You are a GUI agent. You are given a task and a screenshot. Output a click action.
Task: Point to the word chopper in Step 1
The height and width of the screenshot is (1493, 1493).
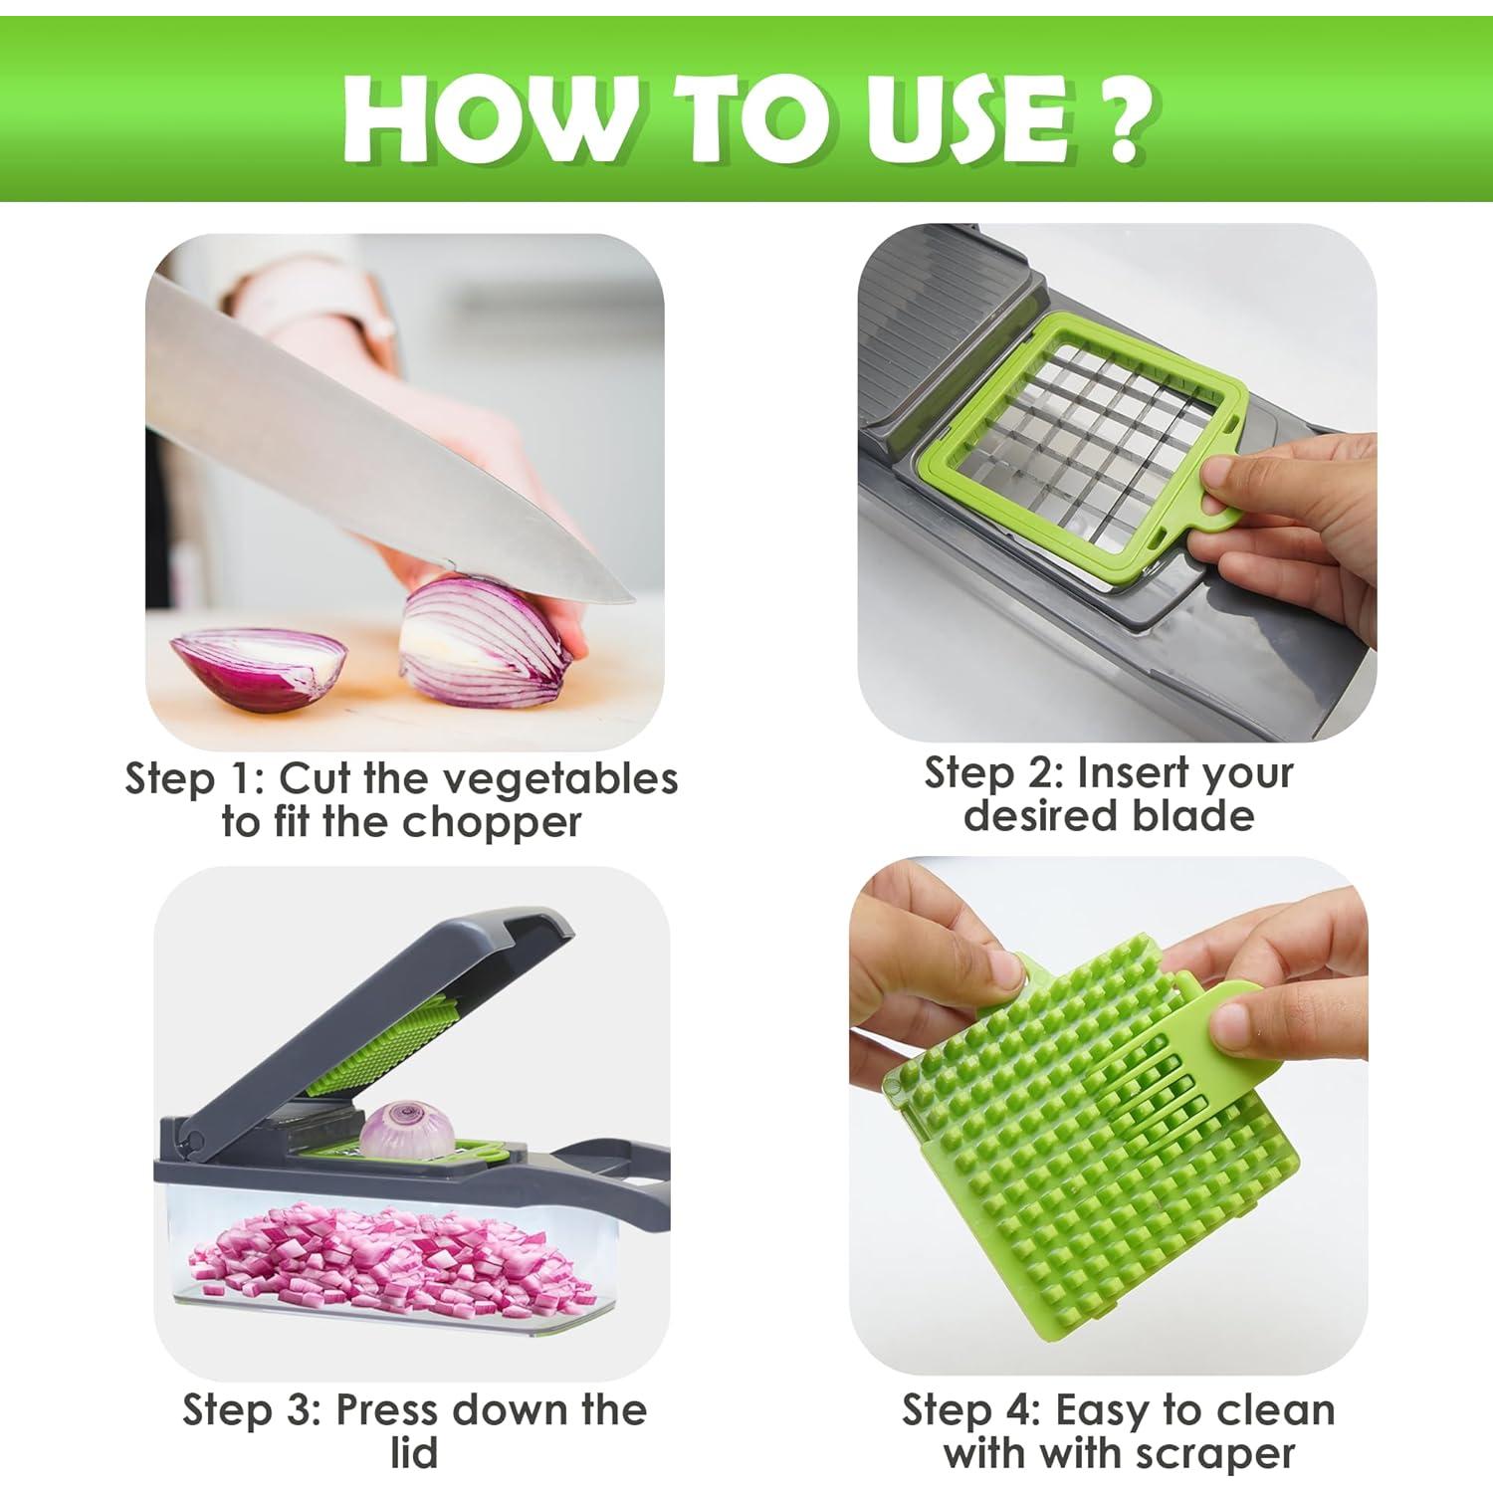click(492, 823)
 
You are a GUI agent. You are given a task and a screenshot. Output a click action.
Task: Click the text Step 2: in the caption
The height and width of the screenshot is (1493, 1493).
click(994, 773)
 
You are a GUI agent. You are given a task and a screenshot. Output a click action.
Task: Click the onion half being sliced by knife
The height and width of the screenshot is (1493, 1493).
click(488, 637)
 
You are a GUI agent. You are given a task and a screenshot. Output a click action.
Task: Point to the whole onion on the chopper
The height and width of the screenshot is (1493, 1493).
click(407, 1130)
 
